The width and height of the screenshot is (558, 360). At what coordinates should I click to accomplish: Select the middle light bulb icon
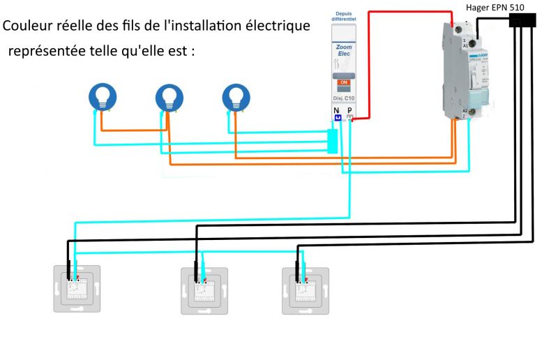pos(168,96)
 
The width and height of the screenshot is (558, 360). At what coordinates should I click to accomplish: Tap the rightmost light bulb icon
pos(235,96)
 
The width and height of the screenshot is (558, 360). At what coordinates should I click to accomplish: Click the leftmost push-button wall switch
pos(77,289)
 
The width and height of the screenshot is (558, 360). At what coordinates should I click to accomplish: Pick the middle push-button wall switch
pos(204,289)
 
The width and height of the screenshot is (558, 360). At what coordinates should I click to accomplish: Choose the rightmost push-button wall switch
pos(305,289)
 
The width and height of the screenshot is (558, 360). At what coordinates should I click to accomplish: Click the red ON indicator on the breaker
pos(343,83)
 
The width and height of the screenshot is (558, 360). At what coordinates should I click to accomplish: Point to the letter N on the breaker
pos(336,110)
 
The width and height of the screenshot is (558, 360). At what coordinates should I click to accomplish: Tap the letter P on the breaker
pos(349,110)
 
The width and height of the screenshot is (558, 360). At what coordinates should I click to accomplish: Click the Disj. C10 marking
pos(342,98)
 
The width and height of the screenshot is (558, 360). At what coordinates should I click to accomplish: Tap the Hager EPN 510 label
pos(500,7)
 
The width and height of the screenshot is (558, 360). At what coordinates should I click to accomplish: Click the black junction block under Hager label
pos(523,21)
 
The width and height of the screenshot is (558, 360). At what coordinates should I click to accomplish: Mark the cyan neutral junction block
pos(333,141)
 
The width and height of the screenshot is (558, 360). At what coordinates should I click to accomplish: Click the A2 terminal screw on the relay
pos(472,112)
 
